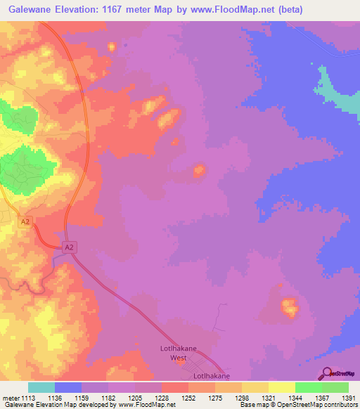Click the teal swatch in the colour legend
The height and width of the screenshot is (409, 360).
(41, 387)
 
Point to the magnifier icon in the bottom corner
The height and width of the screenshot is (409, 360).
(326, 372)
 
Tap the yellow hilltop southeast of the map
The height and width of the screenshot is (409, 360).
(288, 306)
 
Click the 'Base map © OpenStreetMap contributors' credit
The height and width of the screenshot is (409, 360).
(297, 405)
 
